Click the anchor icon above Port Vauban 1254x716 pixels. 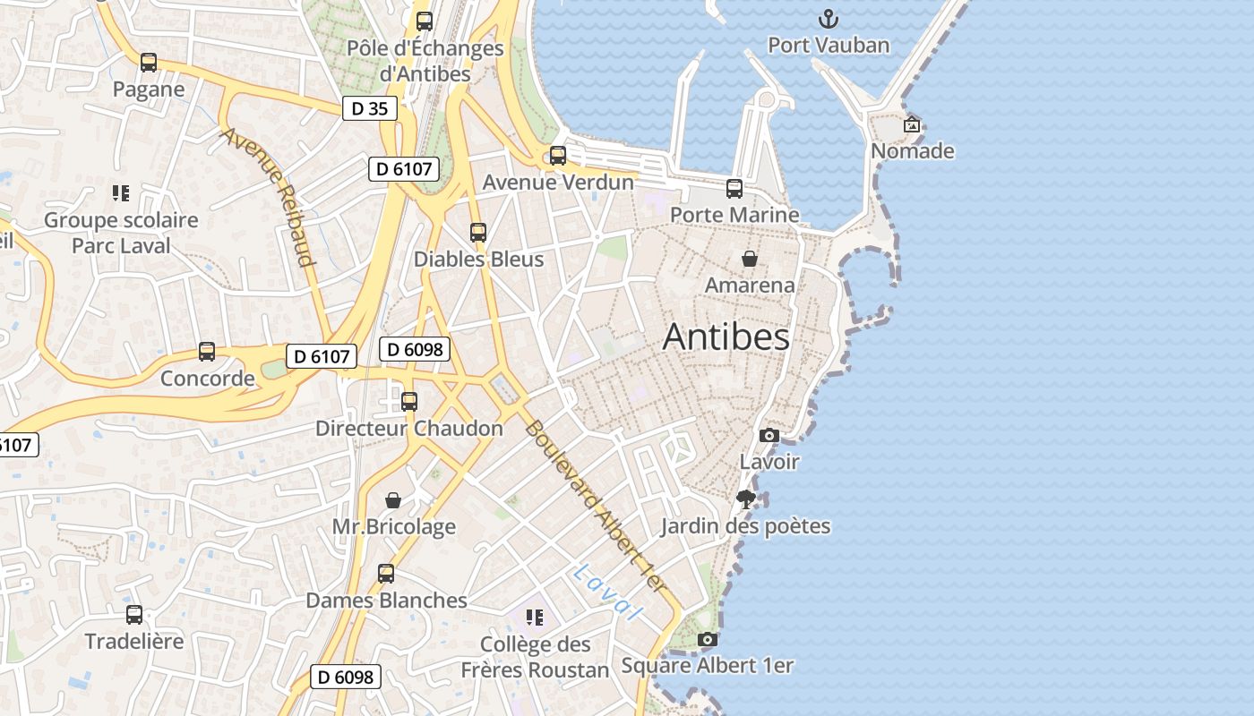pos(829,19)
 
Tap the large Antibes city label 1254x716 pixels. pos(726,337)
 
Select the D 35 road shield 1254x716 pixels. pos(369,109)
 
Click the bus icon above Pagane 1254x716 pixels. pos(149,63)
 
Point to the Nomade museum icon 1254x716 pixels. pos(912,124)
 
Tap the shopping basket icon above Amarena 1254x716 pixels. pos(750,259)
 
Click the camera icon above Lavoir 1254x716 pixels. pos(769,436)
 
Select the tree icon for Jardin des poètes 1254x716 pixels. pos(745,499)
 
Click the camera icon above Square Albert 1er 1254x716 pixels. pos(708,639)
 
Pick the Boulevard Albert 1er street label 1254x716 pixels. pos(596,507)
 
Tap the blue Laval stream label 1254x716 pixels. pos(608,592)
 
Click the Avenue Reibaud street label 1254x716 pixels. pos(270,197)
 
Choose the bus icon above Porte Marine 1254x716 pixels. pos(734,188)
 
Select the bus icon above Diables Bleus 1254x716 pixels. pos(478,233)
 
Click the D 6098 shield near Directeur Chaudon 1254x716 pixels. pos(414,349)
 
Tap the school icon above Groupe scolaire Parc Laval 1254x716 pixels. pos(121,193)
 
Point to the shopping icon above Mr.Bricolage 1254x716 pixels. pos(392,499)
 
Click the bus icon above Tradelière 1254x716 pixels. pos(134,615)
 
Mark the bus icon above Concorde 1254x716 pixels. pos(207,352)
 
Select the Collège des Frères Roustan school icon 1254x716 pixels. pos(535,618)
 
